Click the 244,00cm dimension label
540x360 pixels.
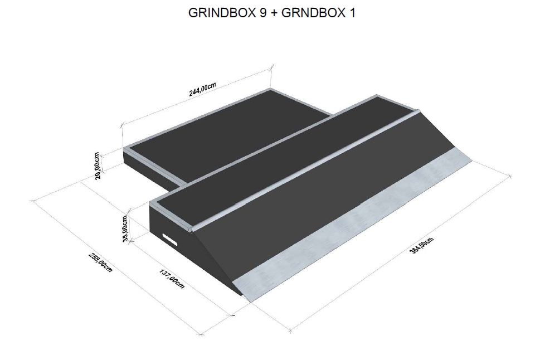(x=202, y=89)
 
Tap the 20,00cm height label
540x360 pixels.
(x=97, y=166)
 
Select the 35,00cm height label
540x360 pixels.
(x=125, y=228)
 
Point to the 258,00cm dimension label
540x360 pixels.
(x=100, y=262)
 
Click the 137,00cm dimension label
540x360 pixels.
(x=172, y=279)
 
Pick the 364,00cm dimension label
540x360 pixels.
(x=421, y=246)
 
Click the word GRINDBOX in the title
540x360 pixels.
(x=221, y=13)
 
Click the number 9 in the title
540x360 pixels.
(x=261, y=13)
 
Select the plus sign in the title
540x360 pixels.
(x=274, y=13)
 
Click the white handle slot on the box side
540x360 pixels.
(x=170, y=239)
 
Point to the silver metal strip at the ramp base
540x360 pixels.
(x=351, y=224)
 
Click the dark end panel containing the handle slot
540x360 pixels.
(x=172, y=241)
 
